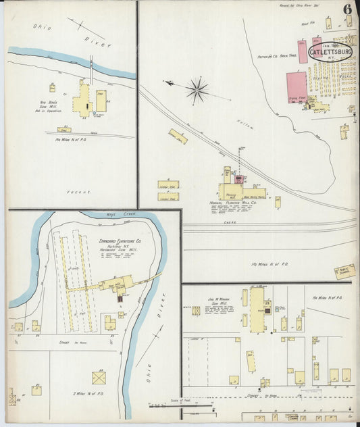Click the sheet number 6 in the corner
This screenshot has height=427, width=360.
coord(346,9)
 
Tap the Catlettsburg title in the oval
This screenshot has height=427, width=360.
coord(330,51)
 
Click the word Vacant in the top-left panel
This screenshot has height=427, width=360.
coord(78,192)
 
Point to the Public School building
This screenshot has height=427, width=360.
coord(344,271)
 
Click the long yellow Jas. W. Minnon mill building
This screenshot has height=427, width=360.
coord(257,310)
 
